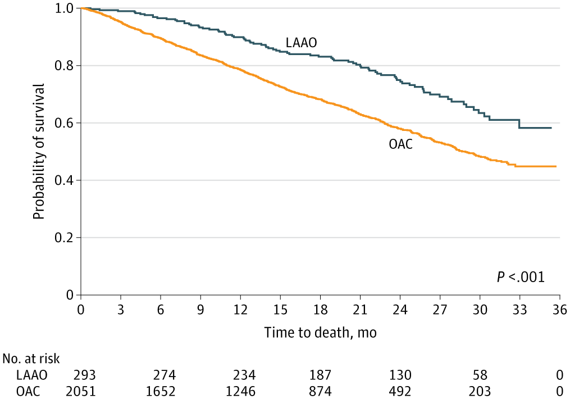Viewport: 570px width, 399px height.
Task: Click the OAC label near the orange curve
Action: (401, 145)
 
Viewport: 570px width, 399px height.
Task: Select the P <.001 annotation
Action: (521, 276)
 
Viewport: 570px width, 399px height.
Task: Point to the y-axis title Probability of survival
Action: (38, 152)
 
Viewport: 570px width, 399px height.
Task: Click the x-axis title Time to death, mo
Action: (320, 333)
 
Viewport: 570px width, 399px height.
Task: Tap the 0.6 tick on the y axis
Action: (67, 123)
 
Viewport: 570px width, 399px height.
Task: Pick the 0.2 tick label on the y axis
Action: (67, 238)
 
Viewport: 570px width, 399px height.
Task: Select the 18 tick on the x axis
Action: (320, 310)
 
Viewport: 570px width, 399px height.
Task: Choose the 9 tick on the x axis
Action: (200, 310)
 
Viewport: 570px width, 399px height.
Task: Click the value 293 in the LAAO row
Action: (82, 374)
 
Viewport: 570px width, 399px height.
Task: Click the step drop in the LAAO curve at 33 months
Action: (519, 124)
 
